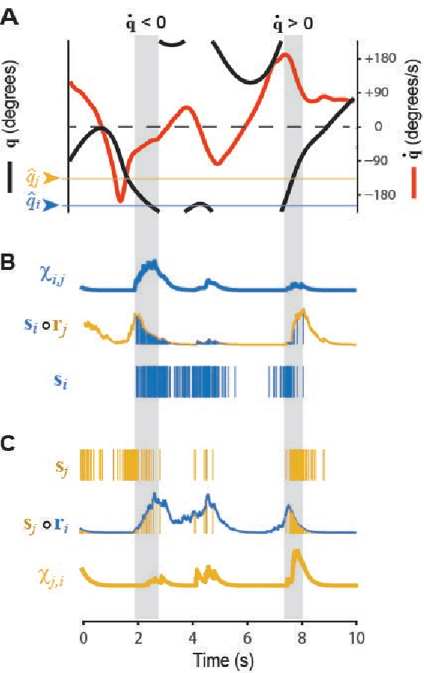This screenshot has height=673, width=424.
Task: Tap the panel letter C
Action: [10, 443]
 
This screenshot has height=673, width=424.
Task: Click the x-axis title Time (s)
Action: [218, 661]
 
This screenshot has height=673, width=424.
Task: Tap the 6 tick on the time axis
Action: [247, 638]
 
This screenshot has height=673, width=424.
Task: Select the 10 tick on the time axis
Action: [356, 638]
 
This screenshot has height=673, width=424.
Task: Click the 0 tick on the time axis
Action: [83, 638]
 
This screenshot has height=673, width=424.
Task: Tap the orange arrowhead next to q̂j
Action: [51, 179]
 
